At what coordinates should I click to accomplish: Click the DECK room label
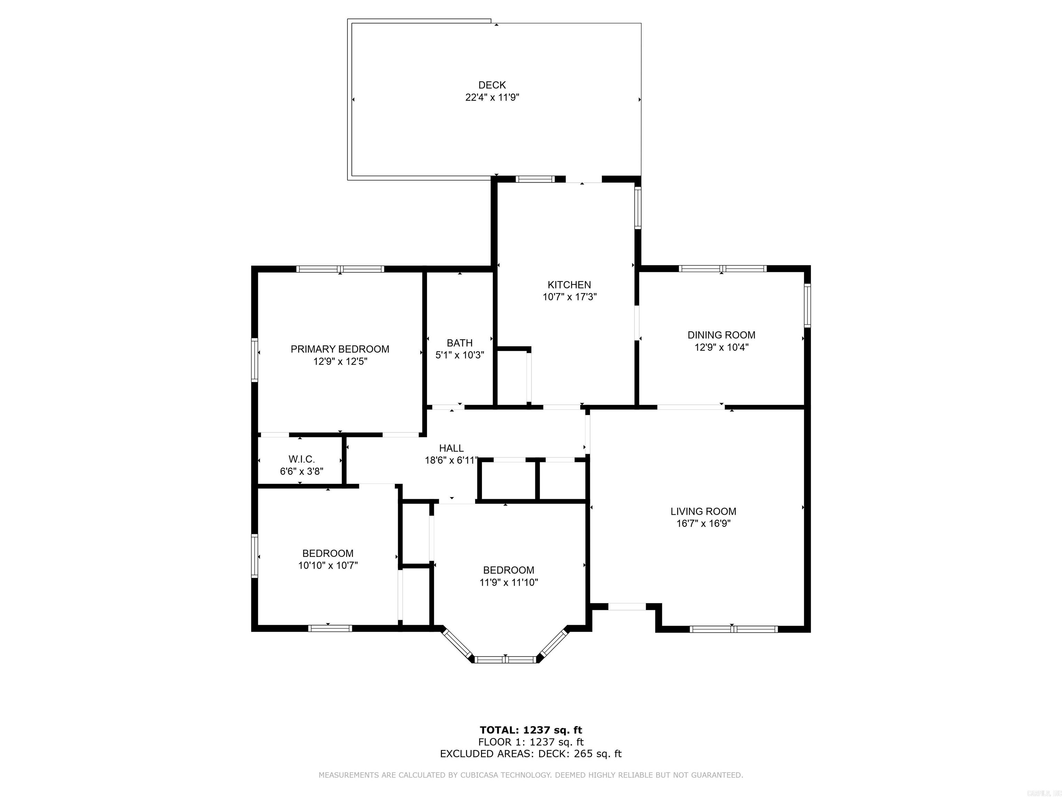coord(492,85)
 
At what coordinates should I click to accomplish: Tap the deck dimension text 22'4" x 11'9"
coord(492,98)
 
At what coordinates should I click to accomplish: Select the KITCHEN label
coord(569,285)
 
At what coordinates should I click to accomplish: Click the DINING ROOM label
coord(721,335)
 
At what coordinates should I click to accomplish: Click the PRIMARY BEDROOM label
coord(339,349)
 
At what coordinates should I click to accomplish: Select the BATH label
coord(459,343)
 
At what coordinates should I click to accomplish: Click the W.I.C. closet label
coord(301,459)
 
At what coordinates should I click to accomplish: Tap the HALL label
coord(451,448)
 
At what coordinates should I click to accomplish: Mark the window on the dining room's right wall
coord(808,305)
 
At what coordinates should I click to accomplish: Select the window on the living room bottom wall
coord(733,629)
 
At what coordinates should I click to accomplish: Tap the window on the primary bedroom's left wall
coord(255,360)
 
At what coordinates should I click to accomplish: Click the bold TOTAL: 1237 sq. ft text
coord(531,730)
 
